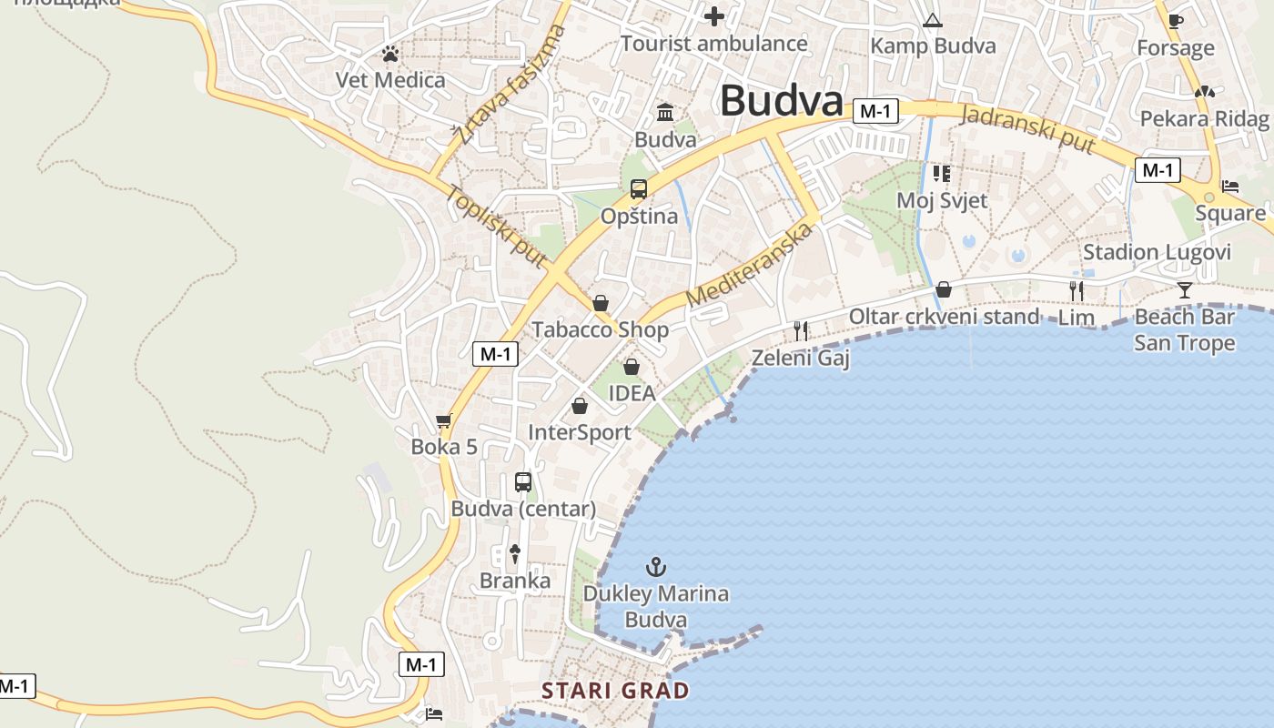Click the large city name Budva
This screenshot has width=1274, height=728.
coord(782,101)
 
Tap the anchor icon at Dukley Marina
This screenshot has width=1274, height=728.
coord(655,567)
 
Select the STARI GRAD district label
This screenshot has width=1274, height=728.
coord(615,691)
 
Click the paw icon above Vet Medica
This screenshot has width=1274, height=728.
coord(390,54)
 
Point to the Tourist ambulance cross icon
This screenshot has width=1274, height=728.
coord(714,16)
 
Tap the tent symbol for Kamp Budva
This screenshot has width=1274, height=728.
coord(932,20)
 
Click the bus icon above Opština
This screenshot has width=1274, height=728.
coord(639,189)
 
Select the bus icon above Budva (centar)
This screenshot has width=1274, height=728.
coord(523,481)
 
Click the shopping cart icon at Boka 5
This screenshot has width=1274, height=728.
coord(444,420)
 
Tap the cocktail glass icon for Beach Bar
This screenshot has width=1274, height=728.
coord(1184,290)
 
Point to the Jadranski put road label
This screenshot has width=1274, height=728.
coord(1027,129)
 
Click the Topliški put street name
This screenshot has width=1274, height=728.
coord(496,227)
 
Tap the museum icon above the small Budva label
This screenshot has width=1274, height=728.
coord(665,113)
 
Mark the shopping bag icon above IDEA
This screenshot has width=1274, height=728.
coord(632,367)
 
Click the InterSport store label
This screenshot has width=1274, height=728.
coord(580,432)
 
